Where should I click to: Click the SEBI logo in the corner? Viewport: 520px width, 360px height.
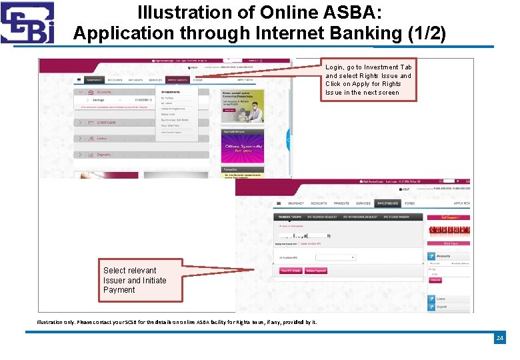(27, 23)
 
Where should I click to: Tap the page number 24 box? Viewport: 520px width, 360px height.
(499, 339)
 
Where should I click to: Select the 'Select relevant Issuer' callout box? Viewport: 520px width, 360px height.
(135, 280)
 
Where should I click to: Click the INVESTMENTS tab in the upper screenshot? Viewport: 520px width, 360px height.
(177, 80)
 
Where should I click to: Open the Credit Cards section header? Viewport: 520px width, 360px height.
(107, 122)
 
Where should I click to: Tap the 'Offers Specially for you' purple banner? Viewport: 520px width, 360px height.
(243, 147)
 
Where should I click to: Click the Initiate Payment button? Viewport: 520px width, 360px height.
(316, 271)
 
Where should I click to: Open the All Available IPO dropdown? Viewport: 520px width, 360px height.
(335, 257)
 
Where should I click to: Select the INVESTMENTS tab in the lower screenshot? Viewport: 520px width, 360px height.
(387, 203)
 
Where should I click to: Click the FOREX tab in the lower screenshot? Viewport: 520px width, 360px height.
(410, 203)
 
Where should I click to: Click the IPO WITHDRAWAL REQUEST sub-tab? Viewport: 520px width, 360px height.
(361, 217)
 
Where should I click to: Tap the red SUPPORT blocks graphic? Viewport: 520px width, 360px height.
(449, 231)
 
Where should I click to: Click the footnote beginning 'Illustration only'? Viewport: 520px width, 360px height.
(177, 322)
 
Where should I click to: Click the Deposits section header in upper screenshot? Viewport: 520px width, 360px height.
(104, 154)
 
